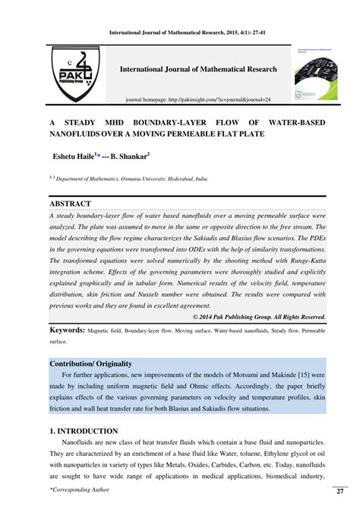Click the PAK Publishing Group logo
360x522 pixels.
tap(74, 75)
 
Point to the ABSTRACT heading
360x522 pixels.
tap(70, 204)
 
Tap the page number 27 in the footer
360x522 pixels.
tap(339, 492)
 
